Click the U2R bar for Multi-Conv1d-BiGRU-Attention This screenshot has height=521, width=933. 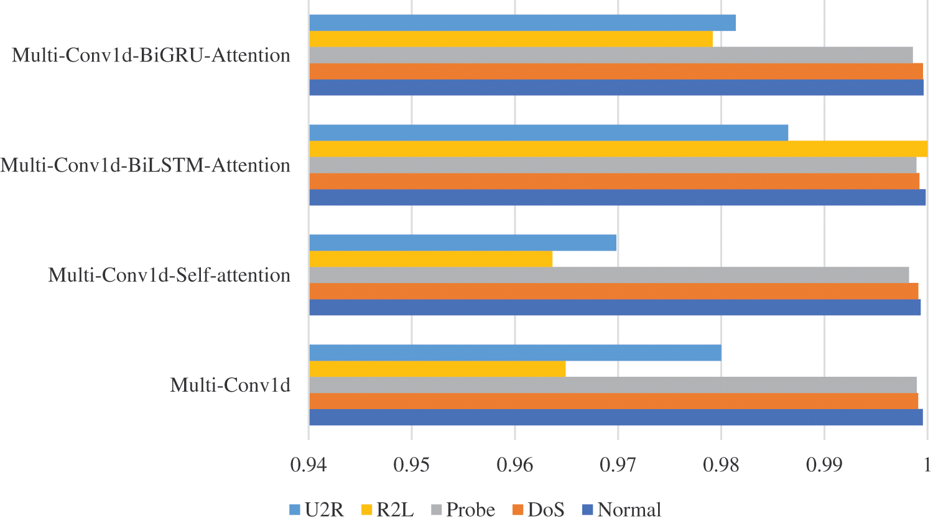click(522, 22)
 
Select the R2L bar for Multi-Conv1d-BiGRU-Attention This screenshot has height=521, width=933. click(511, 39)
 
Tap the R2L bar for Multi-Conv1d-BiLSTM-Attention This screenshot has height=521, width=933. click(618, 149)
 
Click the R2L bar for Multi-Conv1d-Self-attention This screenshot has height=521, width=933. click(430, 259)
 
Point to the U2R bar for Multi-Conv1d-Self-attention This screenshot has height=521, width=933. click(463, 242)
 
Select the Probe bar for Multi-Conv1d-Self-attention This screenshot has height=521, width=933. click(609, 275)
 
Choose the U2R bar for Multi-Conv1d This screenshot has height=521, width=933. click(515, 353)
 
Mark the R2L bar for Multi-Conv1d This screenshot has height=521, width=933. click(437, 369)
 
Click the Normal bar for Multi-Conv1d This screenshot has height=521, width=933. click(616, 417)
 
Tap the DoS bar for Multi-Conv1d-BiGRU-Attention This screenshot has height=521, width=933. click(616, 71)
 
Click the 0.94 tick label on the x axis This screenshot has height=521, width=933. click(309, 465)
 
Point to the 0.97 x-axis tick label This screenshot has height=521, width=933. click(618, 465)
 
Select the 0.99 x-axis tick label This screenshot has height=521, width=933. click(824, 465)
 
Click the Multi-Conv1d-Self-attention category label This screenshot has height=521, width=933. click(169, 275)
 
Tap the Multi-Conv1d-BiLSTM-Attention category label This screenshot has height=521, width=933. click(146, 165)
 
